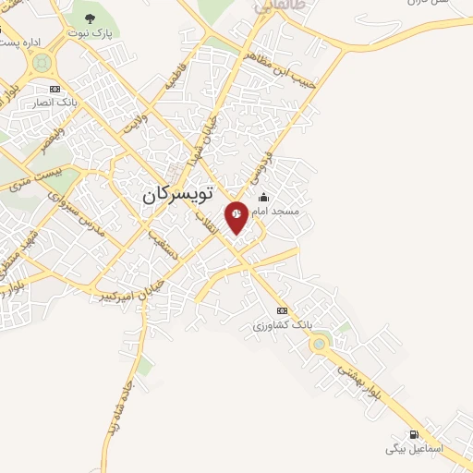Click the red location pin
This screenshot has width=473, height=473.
[236, 215]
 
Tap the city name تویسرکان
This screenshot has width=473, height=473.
[177, 195]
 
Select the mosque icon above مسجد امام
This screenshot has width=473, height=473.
[264, 197]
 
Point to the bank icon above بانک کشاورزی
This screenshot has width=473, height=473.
[282, 310]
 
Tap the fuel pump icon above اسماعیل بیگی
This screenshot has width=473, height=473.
[414, 434]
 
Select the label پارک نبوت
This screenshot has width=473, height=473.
[90, 32]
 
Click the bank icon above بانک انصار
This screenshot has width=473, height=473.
[55, 89]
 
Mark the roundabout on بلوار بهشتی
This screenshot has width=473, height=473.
[320, 345]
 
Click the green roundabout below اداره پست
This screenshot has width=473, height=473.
[41, 64]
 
